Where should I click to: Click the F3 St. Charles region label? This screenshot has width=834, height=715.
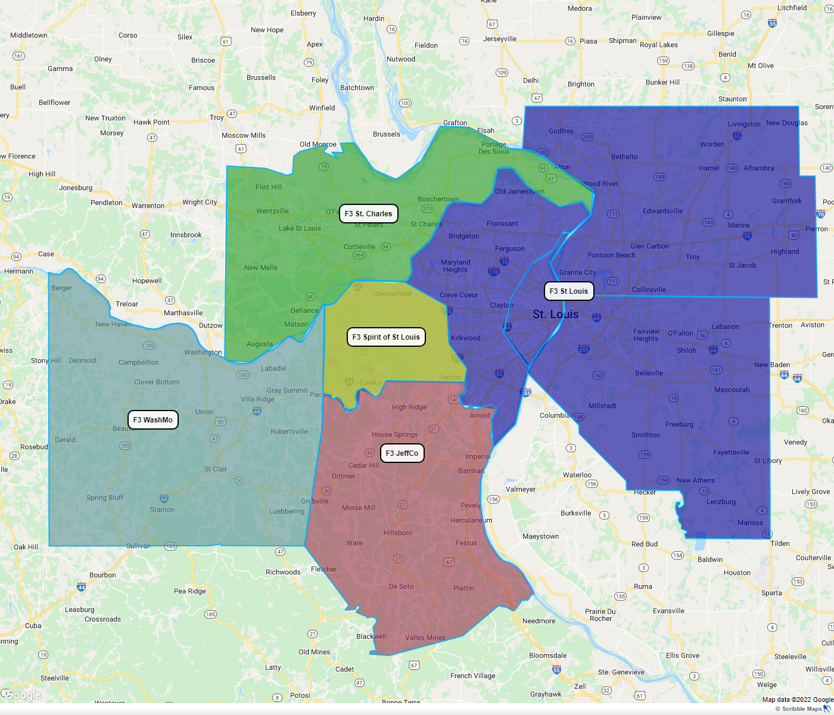(368, 213)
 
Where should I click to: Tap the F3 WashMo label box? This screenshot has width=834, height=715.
(153, 419)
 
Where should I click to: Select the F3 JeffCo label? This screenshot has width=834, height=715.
(402, 453)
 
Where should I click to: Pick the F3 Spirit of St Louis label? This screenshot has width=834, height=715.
(386, 337)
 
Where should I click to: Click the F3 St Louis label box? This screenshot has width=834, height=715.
(568, 291)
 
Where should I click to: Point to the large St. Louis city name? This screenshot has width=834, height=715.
(555, 314)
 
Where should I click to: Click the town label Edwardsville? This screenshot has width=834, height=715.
(662, 211)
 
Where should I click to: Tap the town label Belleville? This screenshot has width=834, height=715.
(649, 373)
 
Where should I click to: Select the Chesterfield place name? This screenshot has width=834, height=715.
(392, 294)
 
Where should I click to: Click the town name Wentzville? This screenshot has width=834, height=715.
(272, 211)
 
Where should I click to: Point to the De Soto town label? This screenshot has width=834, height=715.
(401, 586)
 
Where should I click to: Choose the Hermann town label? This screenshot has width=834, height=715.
(18, 271)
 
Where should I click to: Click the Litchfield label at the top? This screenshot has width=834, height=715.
(792, 8)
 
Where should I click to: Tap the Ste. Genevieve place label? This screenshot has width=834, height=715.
(621, 672)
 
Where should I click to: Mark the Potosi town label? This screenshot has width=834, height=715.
(300, 695)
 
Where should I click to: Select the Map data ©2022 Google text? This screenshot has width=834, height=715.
(797, 700)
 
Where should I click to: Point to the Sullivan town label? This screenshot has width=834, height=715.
(138, 546)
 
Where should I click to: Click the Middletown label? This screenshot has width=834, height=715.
(29, 35)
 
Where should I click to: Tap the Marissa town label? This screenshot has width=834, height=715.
(750, 523)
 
